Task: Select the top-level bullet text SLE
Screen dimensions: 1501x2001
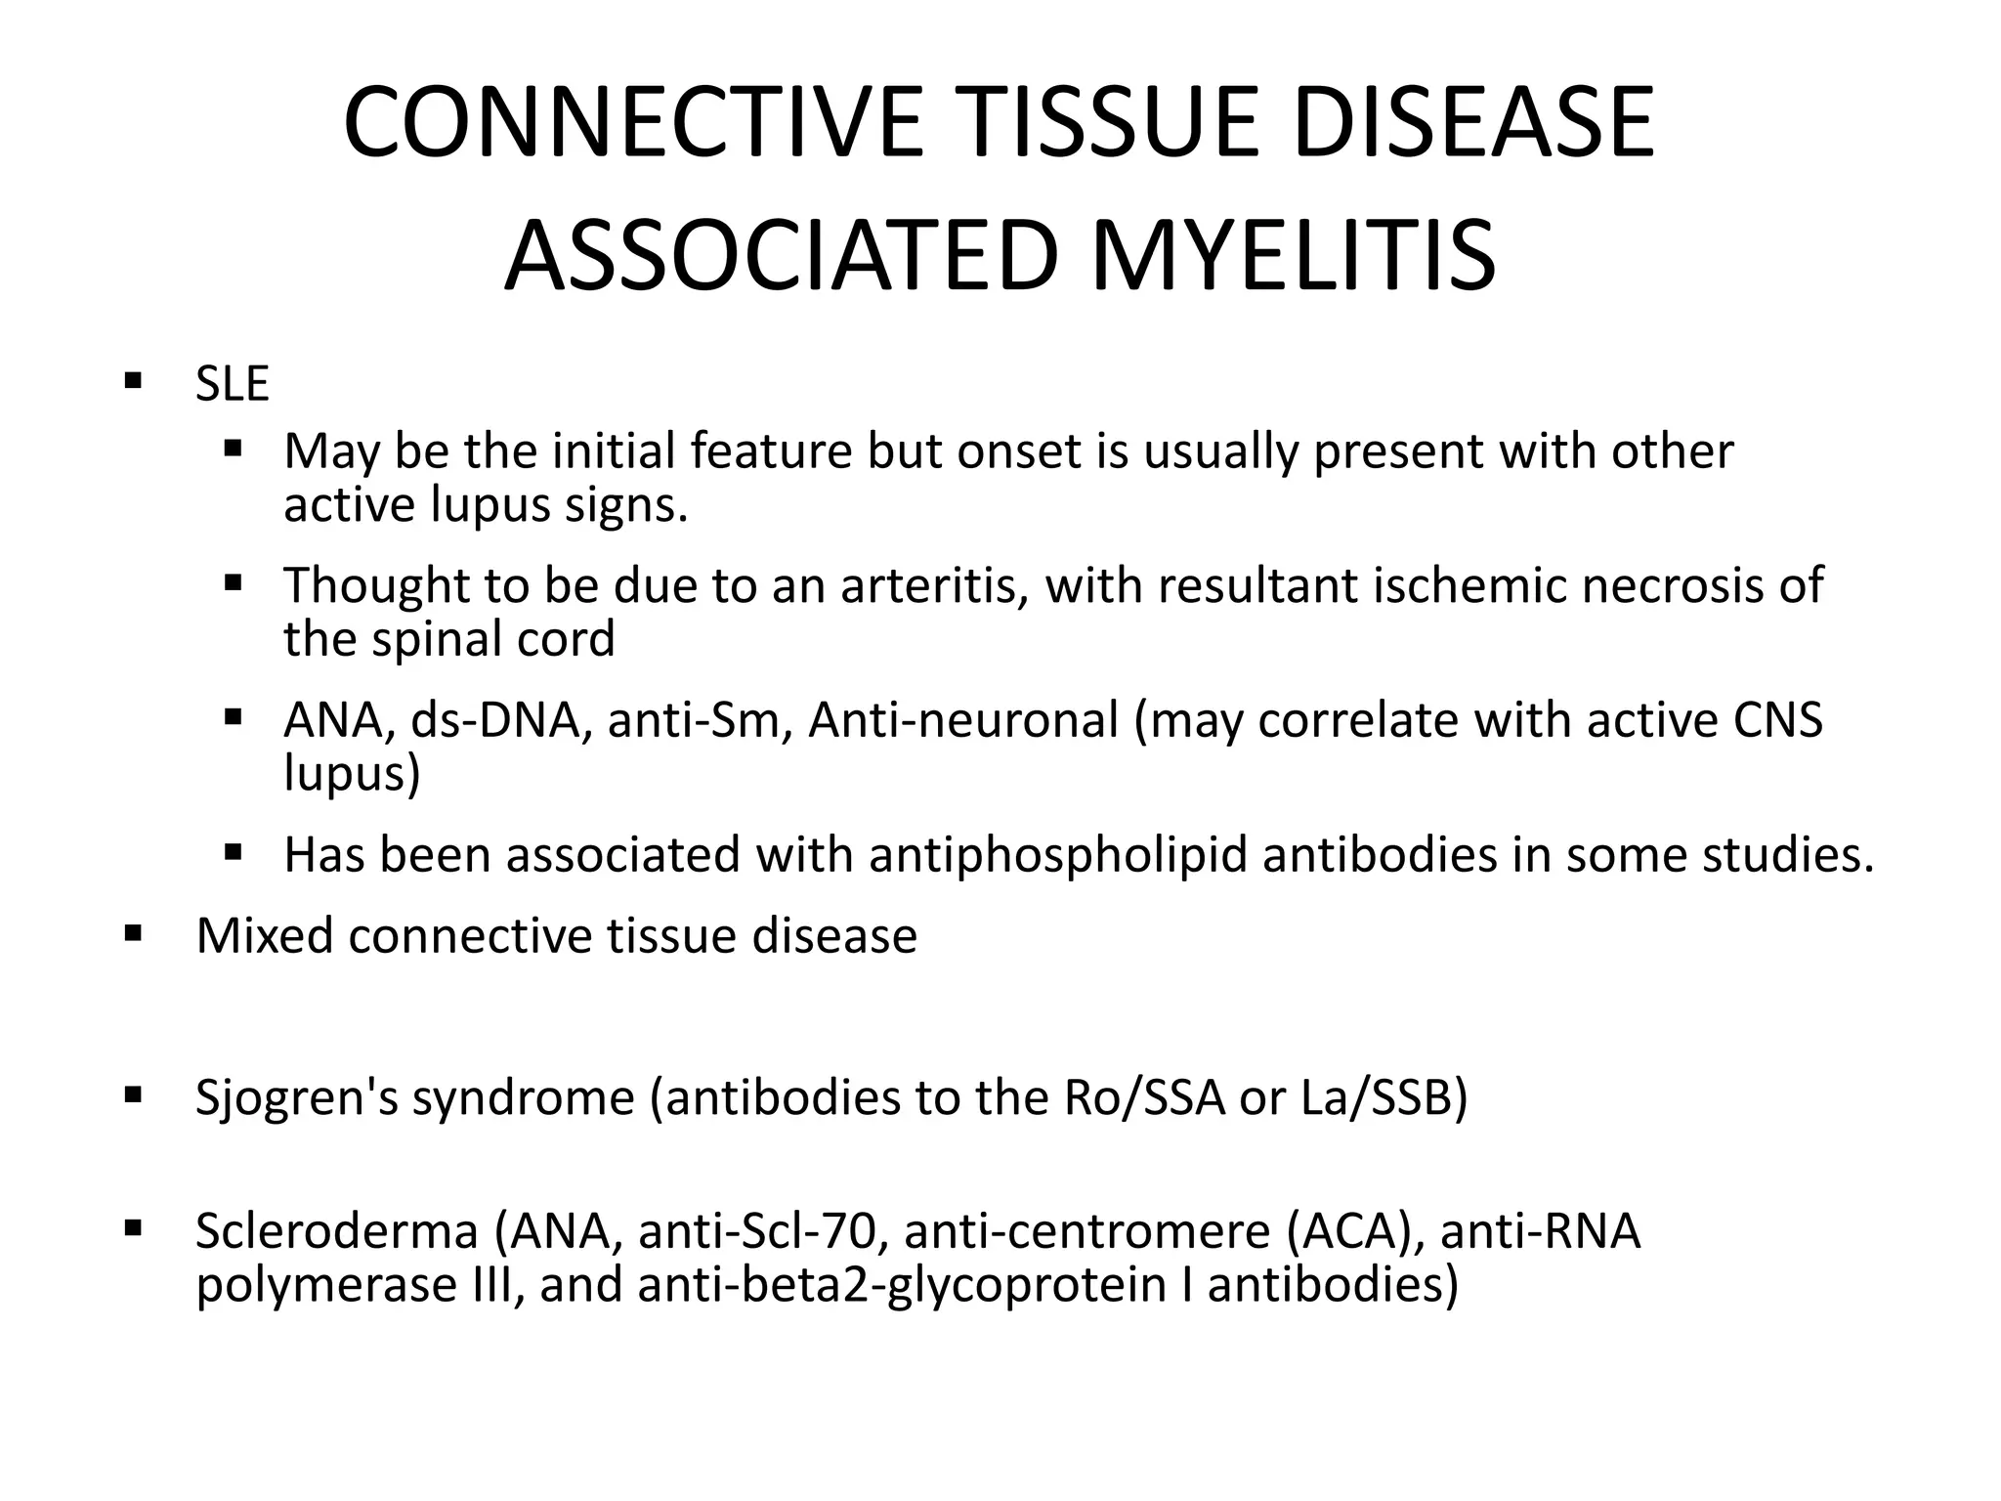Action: point(232,384)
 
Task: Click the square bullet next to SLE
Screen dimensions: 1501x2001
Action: point(134,379)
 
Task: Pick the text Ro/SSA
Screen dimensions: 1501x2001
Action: point(1142,1097)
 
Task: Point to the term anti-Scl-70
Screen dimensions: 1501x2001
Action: point(762,1231)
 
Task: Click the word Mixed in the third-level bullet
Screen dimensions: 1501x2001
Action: point(265,936)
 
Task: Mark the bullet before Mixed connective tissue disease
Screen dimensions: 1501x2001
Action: point(134,932)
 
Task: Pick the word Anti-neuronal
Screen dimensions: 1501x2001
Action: point(962,721)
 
